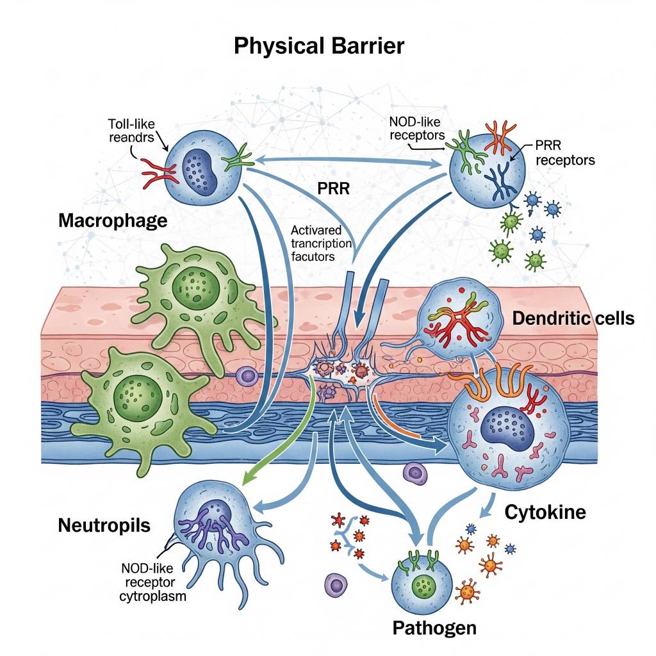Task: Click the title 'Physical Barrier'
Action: click(x=318, y=46)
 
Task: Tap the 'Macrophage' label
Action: click(x=113, y=221)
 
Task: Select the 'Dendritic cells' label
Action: click(x=574, y=318)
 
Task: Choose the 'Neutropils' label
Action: click(x=104, y=526)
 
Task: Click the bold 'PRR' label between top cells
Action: click(x=332, y=190)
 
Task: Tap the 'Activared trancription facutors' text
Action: click(x=321, y=243)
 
